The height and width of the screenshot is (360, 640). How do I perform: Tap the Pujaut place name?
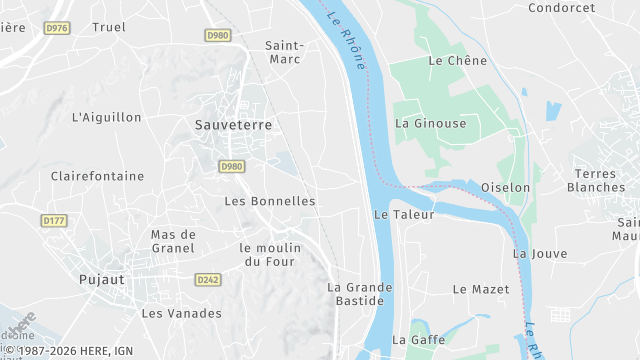coord(102,280)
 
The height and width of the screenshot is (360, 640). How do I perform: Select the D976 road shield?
coord(57,28)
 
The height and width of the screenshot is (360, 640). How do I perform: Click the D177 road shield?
coord(54,220)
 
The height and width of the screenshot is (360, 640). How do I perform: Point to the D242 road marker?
coord(208,280)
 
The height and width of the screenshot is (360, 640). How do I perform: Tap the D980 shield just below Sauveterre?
coord(231,166)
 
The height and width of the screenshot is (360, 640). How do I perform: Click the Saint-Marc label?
coord(284,52)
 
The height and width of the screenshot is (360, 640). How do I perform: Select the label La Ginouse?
coord(431,123)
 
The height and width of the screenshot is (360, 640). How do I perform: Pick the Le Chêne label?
coord(457,61)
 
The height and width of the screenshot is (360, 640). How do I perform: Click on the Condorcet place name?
coord(561,8)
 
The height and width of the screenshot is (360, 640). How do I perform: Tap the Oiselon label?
coord(505,187)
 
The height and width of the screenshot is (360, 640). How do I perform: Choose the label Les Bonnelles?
coord(270,201)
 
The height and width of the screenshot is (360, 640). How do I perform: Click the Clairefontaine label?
coord(98,176)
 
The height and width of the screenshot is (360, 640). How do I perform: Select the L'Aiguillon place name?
coord(107,117)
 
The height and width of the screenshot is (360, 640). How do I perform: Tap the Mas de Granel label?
coord(173,241)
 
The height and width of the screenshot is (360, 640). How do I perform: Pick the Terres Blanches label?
coord(596,180)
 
